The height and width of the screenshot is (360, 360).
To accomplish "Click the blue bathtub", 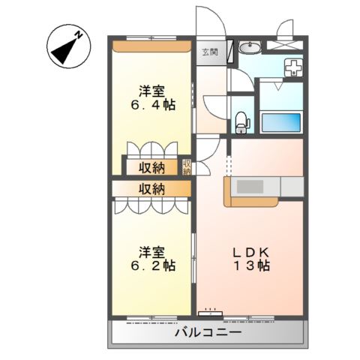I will click(280, 121).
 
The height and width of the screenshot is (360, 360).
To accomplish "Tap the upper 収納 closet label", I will click(151, 167).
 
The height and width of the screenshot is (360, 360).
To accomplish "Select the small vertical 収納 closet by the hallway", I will click(187, 167).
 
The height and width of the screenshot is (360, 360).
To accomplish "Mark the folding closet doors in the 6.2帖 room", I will click(150, 205).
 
